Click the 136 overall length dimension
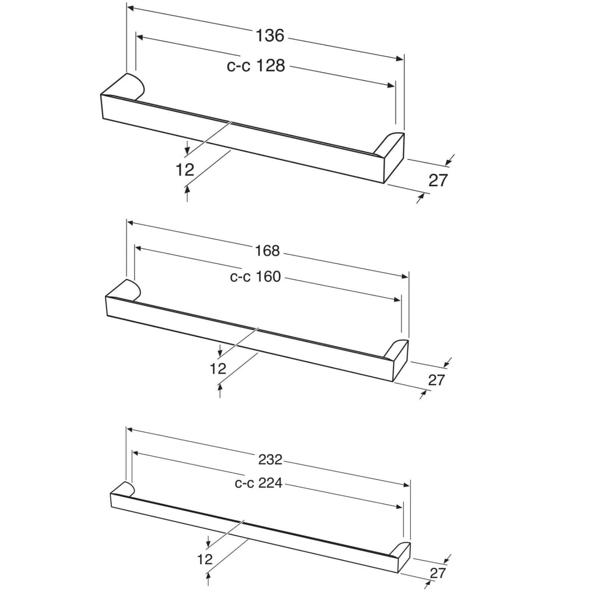(x=270, y=36)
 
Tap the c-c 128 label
(x=256, y=66)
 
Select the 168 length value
(x=268, y=251)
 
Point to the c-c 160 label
(x=255, y=277)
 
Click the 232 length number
(x=270, y=459)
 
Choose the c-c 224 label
(x=259, y=483)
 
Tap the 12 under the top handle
(x=185, y=170)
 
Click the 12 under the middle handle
(x=218, y=369)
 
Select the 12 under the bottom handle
(x=205, y=559)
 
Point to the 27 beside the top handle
(x=438, y=180)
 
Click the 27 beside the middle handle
(x=436, y=380)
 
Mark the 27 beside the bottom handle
(x=438, y=573)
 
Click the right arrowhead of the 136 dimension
(x=400, y=59)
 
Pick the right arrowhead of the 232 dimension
(x=406, y=485)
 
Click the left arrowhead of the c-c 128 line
(x=140, y=37)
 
